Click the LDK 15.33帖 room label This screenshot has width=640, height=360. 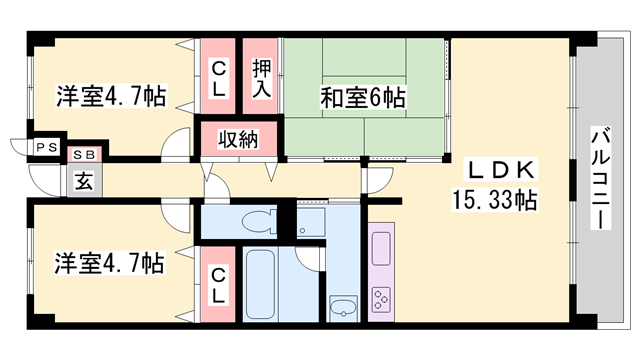tap(498, 183)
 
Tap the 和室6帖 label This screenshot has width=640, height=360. tap(362, 97)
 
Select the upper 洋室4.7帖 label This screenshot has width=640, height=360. tap(109, 97)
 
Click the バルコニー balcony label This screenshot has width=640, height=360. tap(600, 180)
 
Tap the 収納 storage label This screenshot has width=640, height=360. tap(240, 138)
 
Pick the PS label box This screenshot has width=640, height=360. tap(46, 148)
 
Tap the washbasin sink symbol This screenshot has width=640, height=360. tap(342, 309)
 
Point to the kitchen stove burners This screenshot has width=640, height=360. tap(382, 298)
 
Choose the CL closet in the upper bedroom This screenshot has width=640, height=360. tap(217, 77)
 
